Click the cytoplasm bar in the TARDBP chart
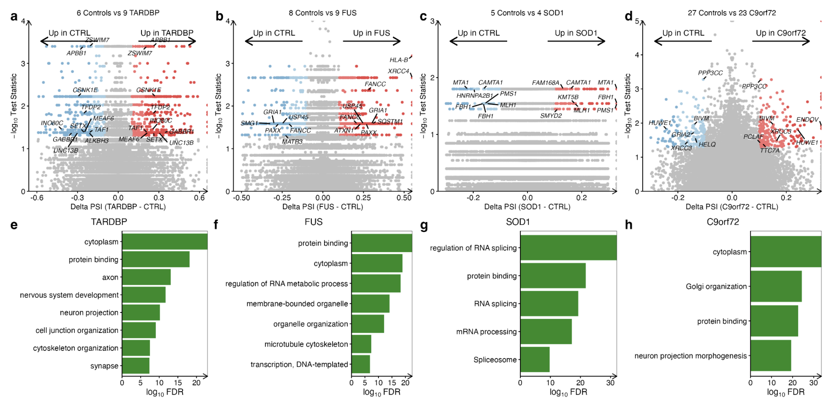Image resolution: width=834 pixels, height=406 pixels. (x=165, y=242)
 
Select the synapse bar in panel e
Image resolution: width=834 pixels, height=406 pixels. (x=136, y=366)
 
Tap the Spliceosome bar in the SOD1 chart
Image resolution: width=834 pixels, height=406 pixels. (x=535, y=360)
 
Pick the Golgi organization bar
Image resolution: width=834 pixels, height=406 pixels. (x=776, y=286)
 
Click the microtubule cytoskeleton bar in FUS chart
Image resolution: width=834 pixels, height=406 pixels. (x=361, y=344)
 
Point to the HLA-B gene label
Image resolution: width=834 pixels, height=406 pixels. (x=399, y=60)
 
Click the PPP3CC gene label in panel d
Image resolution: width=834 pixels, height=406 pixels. (x=710, y=73)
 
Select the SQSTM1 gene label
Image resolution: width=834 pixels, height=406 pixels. (x=390, y=121)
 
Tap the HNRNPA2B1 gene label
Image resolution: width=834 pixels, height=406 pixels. (x=474, y=96)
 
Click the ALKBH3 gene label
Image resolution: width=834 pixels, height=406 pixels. (x=97, y=141)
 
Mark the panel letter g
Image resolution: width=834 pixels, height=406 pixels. (x=424, y=225)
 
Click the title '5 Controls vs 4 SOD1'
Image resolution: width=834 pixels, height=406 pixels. (x=527, y=13)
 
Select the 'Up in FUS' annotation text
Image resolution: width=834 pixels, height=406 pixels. (x=371, y=33)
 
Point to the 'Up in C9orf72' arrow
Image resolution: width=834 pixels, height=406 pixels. (x=781, y=41)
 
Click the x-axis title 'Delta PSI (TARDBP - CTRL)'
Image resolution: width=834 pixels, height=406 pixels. (x=118, y=207)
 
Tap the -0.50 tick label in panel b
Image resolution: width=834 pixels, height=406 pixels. (x=242, y=198)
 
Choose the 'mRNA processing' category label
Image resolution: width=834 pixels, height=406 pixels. (x=486, y=332)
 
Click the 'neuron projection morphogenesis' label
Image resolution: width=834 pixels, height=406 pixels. (x=690, y=356)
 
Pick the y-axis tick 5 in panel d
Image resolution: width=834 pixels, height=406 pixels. (x=637, y=21)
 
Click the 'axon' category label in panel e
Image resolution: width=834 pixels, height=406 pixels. (x=110, y=277)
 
